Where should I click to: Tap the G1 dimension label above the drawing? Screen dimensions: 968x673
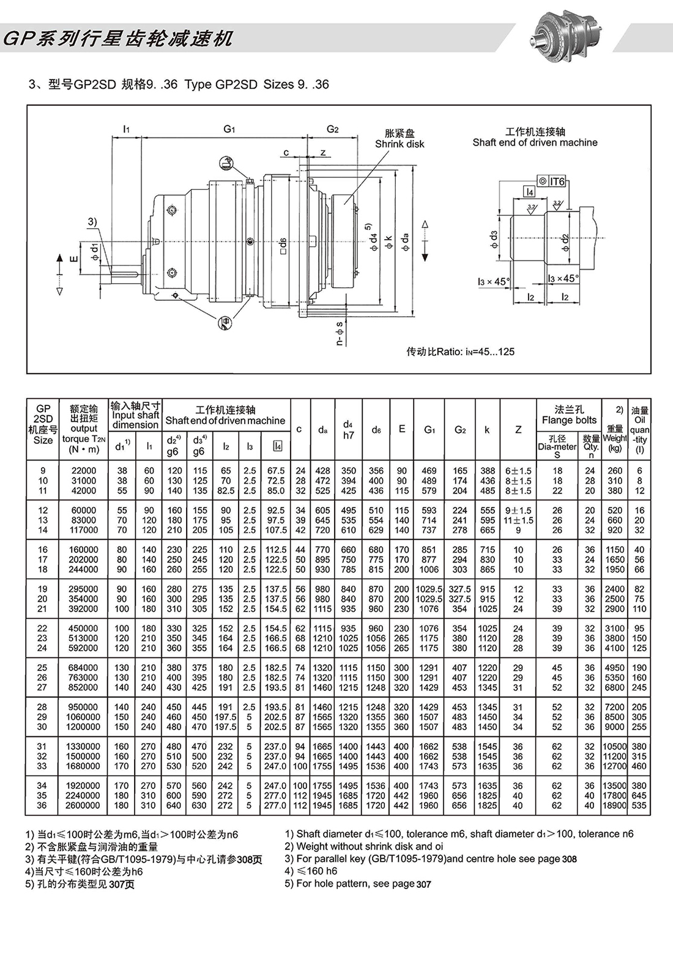229,128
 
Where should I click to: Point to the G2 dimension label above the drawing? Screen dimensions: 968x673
332,128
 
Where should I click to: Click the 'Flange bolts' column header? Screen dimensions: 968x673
569,415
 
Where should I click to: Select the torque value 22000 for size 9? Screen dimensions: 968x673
84,471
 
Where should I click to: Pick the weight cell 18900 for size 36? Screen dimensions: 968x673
614,805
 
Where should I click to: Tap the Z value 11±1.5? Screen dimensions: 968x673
518,520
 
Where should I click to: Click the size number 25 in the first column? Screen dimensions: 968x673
42,668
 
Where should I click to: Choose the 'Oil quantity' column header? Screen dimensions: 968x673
639,430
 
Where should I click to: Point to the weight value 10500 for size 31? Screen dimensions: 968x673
614,747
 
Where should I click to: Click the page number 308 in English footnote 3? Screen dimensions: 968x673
569,859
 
